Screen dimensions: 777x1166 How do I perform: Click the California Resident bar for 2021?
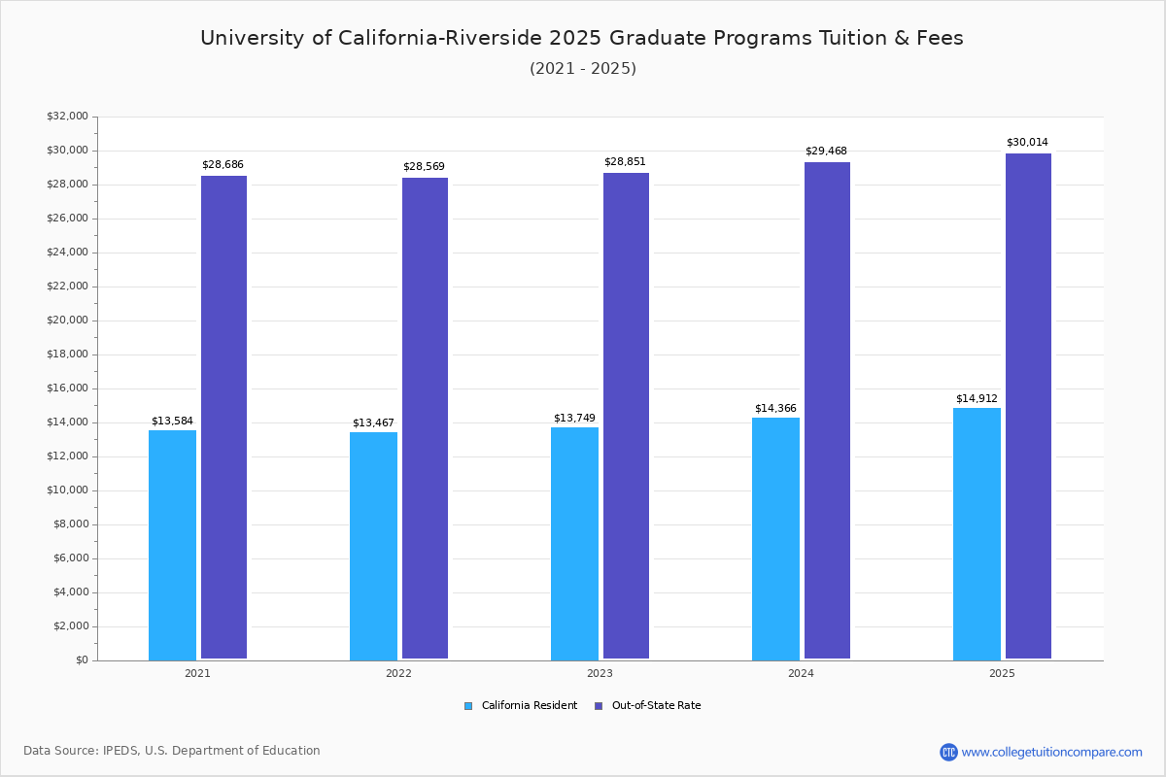pos(172,545)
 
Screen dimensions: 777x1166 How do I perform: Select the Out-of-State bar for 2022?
pos(425,419)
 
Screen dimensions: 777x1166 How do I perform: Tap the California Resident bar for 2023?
pos(574,544)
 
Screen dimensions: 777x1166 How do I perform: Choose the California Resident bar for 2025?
pos(977,534)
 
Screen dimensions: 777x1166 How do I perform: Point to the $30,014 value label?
pos(1027,142)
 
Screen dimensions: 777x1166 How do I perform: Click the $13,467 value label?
pos(373,422)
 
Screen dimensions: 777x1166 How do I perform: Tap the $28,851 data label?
pos(625,161)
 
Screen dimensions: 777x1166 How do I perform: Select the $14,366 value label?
pos(775,408)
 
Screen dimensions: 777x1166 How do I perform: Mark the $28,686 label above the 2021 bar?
pos(223,165)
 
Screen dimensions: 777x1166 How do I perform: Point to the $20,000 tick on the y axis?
pos(67,321)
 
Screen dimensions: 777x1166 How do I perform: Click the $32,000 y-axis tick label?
pos(67,117)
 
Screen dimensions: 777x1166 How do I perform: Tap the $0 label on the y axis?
pos(81,660)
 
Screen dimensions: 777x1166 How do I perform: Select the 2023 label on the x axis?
pos(600,673)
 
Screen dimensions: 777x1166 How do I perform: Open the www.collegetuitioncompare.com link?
pos(1051,752)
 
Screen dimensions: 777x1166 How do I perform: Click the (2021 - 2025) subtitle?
pos(582,68)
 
